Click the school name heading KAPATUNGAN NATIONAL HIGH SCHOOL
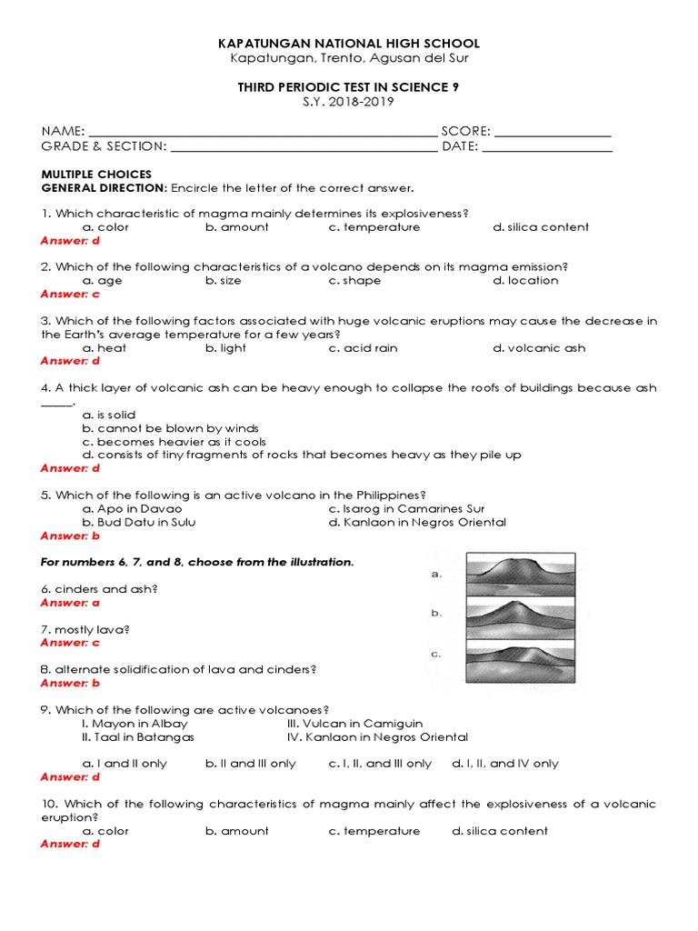point(349,44)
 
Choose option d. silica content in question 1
point(541,227)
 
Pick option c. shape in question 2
point(354,281)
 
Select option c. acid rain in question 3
point(363,348)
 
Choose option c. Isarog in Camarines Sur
point(406,509)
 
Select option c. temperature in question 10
point(374,831)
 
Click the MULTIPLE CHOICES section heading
point(96,175)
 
